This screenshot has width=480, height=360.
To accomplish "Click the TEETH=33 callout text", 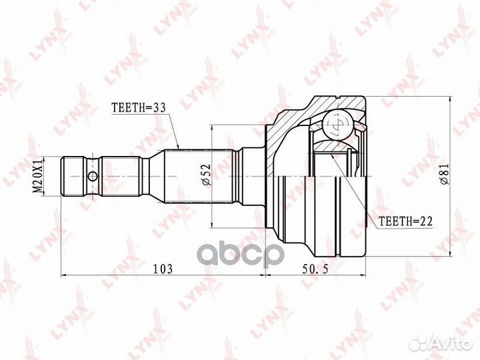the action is (138, 107).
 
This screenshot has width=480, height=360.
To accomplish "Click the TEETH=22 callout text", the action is (405, 221).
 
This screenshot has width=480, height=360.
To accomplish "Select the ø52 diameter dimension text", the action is (207, 175).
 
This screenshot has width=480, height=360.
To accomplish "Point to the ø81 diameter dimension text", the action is (444, 174).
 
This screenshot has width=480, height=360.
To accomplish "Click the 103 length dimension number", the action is (163, 269).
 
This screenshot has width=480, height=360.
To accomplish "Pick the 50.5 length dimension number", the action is (315, 269).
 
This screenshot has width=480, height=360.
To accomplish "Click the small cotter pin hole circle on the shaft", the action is (93, 176).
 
